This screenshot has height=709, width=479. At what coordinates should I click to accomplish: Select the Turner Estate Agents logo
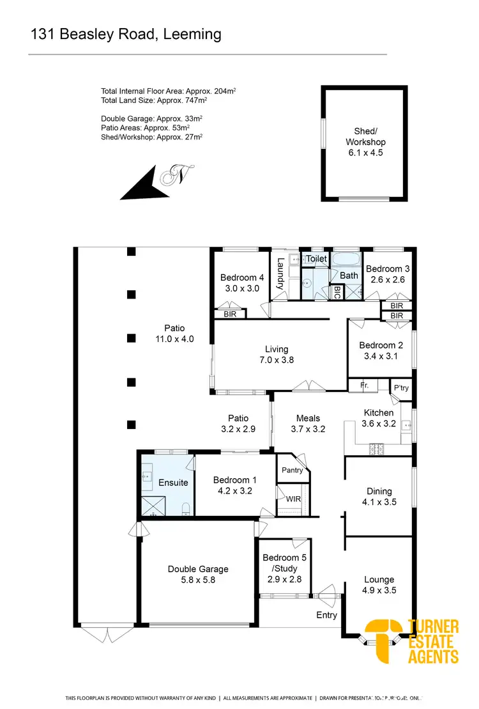(x=412, y=641)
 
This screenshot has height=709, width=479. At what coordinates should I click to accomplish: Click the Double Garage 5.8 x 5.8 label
(x=198, y=574)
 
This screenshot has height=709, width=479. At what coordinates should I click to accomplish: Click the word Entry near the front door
(x=326, y=614)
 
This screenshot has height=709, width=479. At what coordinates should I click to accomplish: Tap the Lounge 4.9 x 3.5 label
(x=379, y=585)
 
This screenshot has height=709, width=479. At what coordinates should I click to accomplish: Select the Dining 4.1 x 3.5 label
(x=379, y=497)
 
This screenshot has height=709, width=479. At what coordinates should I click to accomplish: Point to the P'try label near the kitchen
(x=400, y=388)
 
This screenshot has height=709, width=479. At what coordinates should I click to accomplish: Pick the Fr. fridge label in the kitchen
(x=365, y=386)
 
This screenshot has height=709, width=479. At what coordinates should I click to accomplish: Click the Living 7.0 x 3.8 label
(x=277, y=354)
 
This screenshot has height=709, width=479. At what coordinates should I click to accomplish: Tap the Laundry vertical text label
(x=280, y=274)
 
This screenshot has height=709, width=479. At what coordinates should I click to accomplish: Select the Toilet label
(x=316, y=259)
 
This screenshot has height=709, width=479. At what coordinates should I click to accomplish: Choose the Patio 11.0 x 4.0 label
(x=170, y=334)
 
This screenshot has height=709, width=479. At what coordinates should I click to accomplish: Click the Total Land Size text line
(x=154, y=100)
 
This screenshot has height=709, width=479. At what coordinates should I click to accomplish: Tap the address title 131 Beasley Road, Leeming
(x=126, y=34)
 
